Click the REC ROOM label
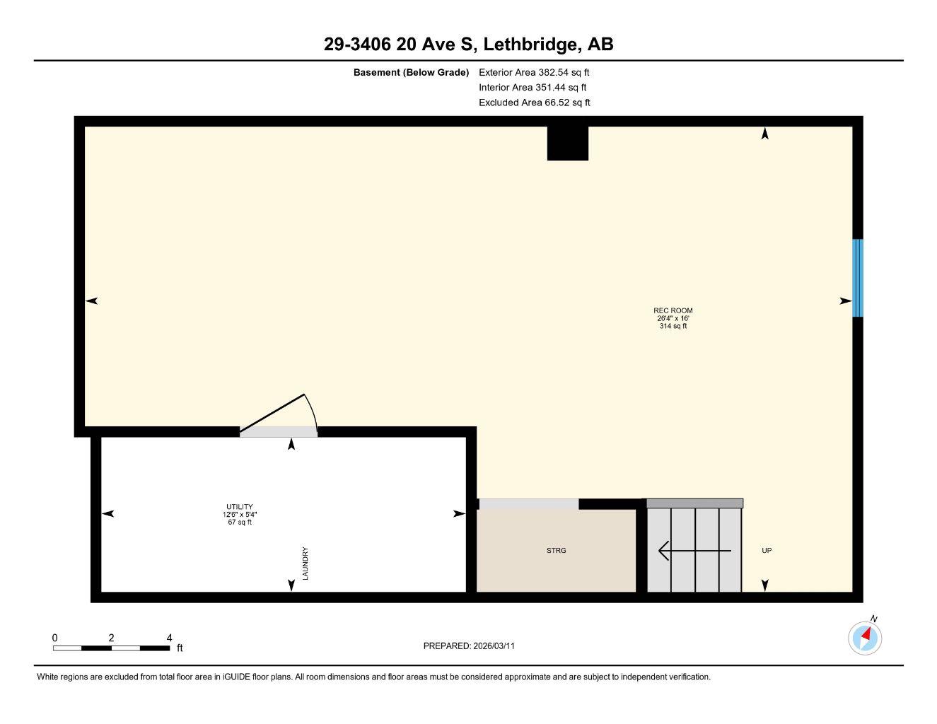(673, 310)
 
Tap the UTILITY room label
(239, 507)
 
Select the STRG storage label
(557, 551)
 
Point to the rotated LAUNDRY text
(305, 564)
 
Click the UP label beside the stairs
(767, 551)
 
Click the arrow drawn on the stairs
(694, 550)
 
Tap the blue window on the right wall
(858, 278)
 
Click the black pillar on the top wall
(567, 143)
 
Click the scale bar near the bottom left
(111, 648)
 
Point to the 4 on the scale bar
(169, 638)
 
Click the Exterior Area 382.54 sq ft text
(534, 72)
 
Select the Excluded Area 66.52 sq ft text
(534, 103)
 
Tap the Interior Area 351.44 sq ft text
(532, 88)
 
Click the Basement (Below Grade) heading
(411, 72)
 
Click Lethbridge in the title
(530, 45)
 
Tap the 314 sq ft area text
(673, 326)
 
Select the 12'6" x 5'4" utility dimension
(239, 515)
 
